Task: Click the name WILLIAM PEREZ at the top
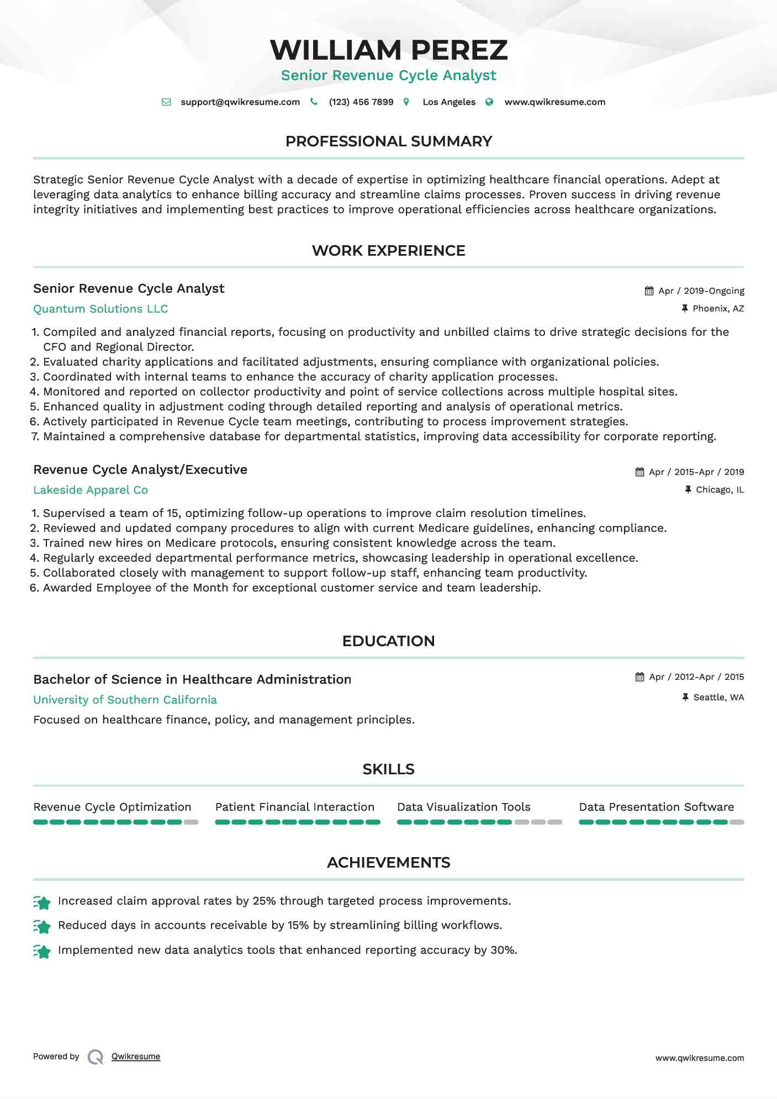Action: pos(388,50)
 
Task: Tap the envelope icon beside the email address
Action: pos(166,102)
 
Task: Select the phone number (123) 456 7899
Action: pos(361,102)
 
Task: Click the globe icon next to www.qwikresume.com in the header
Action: pos(489,102)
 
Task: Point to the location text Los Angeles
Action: pos(448,102)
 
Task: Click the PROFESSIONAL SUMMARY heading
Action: pos(388,141)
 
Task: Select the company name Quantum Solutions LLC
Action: pos(101,309)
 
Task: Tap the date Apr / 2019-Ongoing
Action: pos(701,291)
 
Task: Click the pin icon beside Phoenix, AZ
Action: pos(685,309)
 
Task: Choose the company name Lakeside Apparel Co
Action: pos(91,490)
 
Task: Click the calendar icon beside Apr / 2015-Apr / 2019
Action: pos(639,472)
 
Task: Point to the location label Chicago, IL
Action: pos(720,490)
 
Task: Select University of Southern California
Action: pos(125,700)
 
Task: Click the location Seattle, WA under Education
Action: pos(718,698)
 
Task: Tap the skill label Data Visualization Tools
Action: pos(463,807)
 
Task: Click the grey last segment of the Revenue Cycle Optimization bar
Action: pos(191,822)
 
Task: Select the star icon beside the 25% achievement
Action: pos(42,902)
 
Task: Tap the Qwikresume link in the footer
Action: pos(136,1056)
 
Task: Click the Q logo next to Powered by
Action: pos(96,1057)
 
